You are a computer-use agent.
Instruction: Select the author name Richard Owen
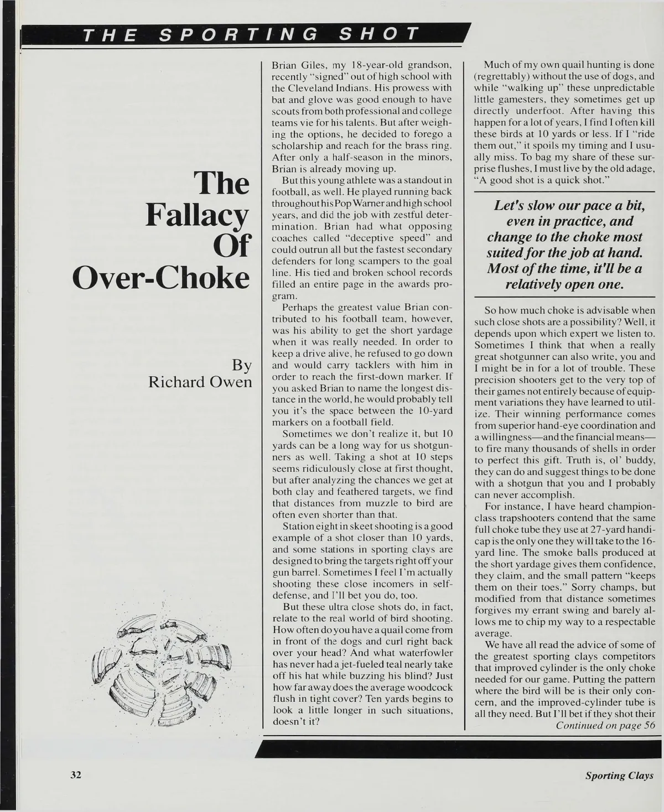click(x=200, y=382)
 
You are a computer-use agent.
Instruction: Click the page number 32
click(x=75, y=775)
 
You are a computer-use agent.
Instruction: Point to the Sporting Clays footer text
click(x=619, y=775)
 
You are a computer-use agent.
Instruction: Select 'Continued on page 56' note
click(x=605, y=726)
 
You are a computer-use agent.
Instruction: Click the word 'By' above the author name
click(x=241, y=366)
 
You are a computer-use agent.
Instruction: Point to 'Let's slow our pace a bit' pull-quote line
click(x=569, y=206)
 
